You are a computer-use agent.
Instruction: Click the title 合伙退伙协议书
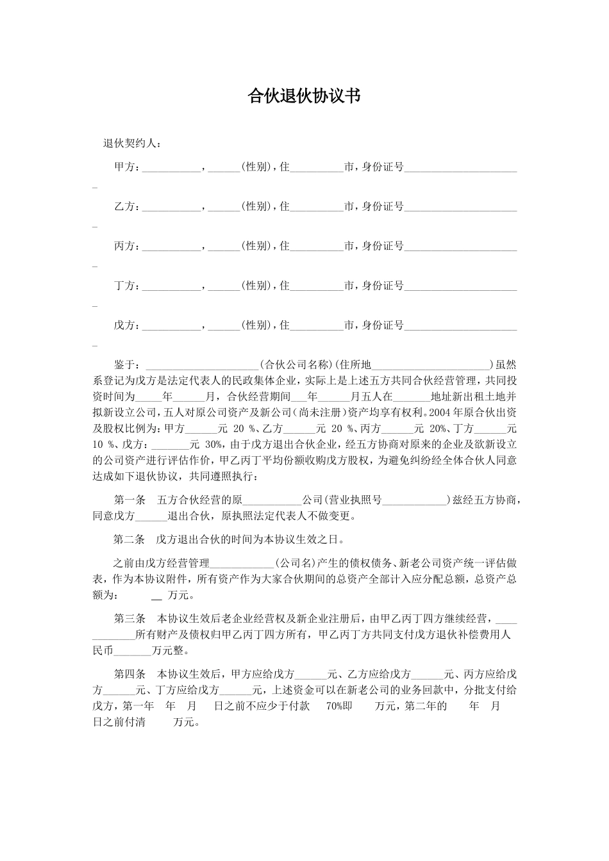tap(304, 96)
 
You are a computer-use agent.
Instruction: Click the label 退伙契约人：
tap(132, 143)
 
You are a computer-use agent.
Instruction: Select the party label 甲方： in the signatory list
tap(127, 167)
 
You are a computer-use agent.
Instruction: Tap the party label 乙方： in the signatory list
tap(127, 206)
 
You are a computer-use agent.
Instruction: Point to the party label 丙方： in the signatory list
tap(127, 246)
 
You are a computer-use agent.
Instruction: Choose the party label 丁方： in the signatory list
tap(127, 286)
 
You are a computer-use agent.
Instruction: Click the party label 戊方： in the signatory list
tap(127, 325)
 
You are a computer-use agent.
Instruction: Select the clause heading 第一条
tap(130, 500)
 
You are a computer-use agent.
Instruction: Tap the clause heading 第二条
tap(130, 539)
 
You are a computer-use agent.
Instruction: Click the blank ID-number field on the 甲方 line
tap(460, 168)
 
